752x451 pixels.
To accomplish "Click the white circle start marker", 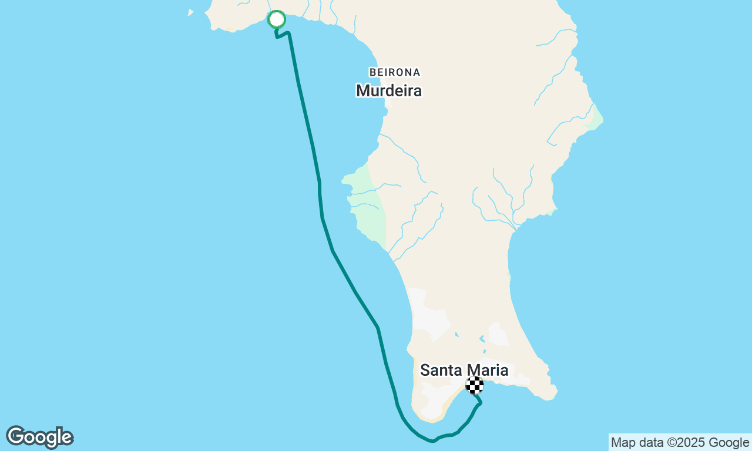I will coord(277,19).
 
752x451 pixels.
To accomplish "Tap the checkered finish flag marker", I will coord(475,385).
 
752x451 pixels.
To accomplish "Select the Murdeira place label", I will coord(389,91).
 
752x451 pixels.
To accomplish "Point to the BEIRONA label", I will coord(395,72).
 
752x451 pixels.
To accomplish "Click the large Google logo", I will coord(39,437).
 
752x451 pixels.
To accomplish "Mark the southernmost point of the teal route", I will coord(432,441).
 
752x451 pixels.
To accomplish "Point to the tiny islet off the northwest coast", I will coord(190,12).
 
